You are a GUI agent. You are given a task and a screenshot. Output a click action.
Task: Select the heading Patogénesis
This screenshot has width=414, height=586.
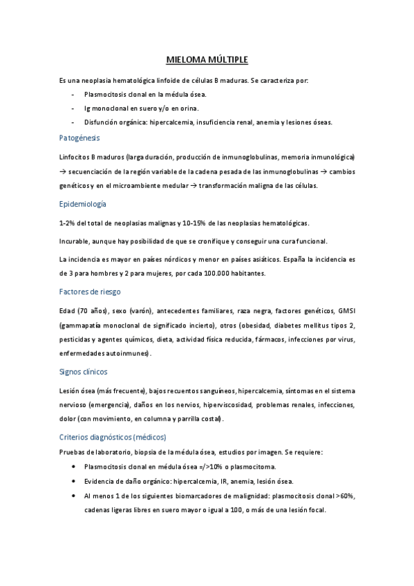click(x=79, y=138)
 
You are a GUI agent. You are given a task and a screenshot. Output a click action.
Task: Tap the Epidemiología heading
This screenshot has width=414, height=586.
click(x=83, y=204)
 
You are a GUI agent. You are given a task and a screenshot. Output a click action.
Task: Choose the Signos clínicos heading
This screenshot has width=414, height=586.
click(x=84, y=372)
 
